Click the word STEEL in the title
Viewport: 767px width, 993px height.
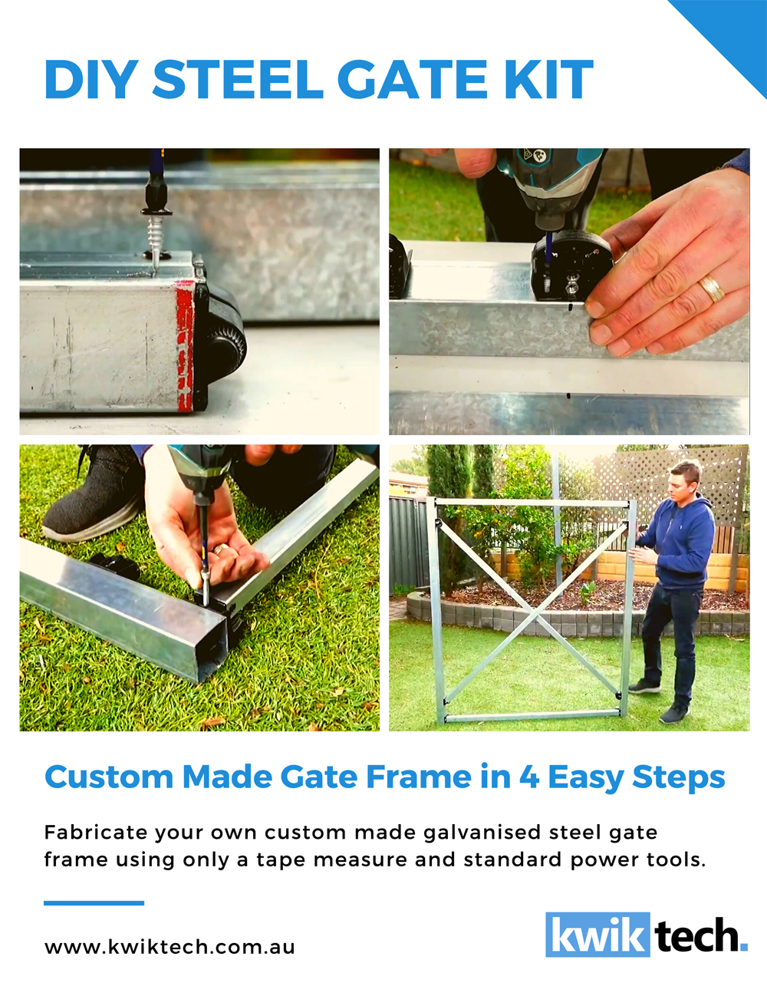tap(239, 80)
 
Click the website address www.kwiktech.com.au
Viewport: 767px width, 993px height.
tap(170, 947)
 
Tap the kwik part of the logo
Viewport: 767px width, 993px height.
tap(597, 935)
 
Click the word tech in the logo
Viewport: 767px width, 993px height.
tap(699, 935)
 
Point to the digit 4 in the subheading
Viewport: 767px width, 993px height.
tap(528, 777)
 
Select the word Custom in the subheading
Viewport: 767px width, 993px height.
tap(109, 777)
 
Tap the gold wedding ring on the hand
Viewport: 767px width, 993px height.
tap(710, 289)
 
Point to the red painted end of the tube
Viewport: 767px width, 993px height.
tap(185, 345)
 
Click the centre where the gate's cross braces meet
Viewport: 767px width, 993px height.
tap(532, 613)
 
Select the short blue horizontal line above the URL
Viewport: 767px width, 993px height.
tap(94, 902)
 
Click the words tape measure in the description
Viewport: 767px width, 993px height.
tap(331, 859)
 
